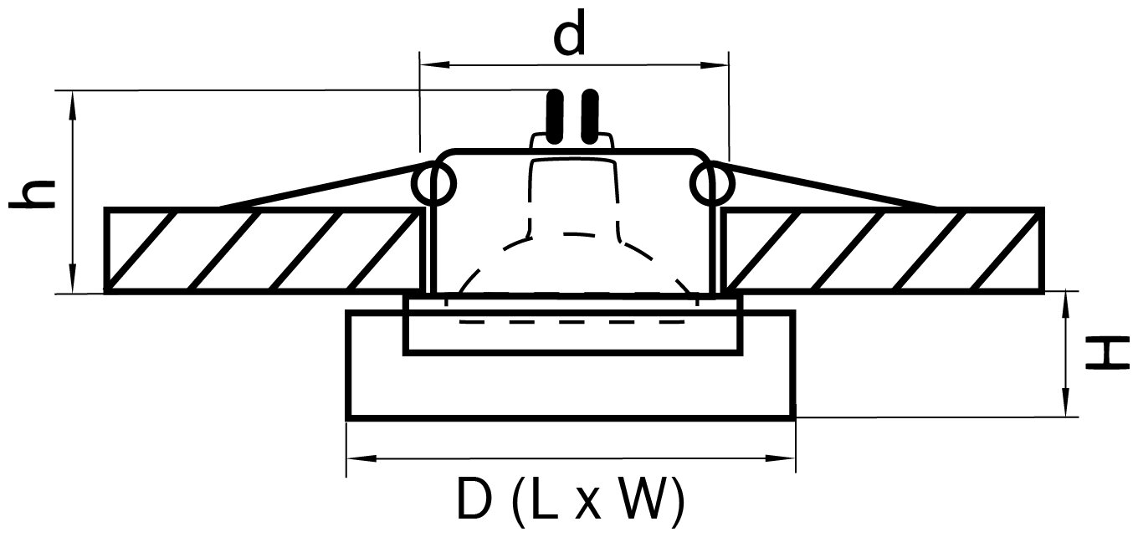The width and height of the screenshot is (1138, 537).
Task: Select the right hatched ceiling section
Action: [884, 250]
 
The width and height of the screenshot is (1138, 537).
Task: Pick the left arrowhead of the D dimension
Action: [356, 458]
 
